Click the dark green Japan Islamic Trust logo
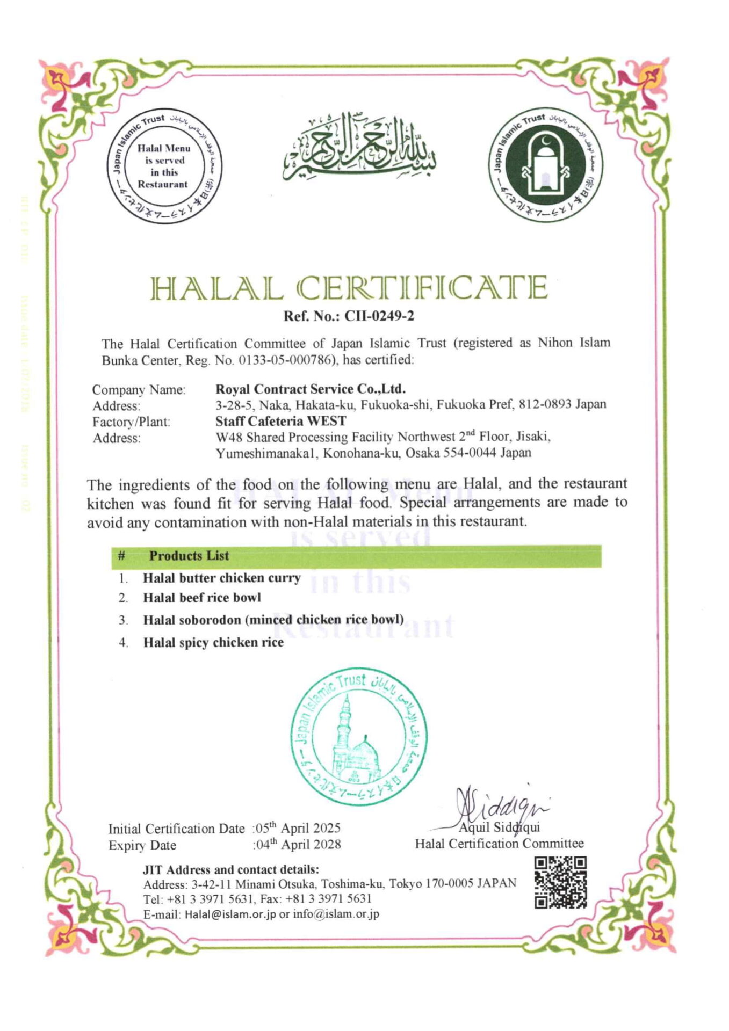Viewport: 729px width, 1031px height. coord(545,164)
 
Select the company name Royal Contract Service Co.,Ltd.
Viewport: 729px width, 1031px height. coord(311,389)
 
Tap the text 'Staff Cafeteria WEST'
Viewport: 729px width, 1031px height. coord(280,421)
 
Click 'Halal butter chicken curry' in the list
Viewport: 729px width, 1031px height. coord(221,578)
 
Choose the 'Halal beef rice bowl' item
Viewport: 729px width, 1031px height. coord(202,598)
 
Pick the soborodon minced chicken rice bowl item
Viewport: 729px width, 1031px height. coord(273,620)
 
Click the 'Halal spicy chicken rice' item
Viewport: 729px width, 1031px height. coord(213,642)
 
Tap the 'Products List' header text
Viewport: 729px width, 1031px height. coord(189,556)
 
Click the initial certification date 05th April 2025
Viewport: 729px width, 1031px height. coord(298,828)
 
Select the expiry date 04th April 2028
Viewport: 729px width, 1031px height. coord(298,845)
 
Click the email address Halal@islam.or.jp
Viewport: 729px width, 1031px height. coord(230,914)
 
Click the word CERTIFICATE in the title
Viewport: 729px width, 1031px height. coord(422,288)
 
